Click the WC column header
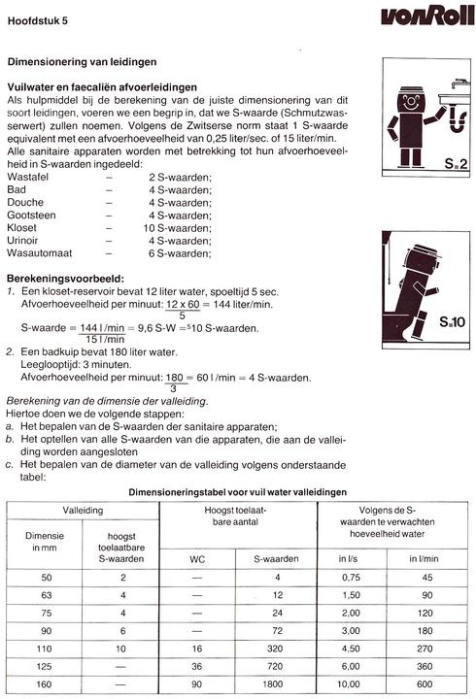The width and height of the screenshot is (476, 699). [x=196, y=559]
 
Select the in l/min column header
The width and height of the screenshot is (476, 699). [x=424, y=559]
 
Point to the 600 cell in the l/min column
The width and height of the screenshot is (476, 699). [x=424, y=683]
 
